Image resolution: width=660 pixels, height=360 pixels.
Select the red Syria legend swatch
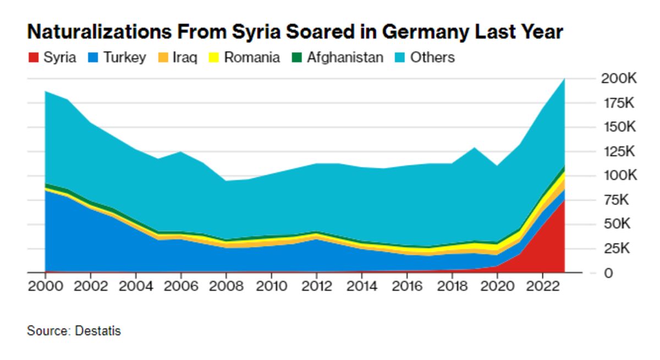pos(34,58)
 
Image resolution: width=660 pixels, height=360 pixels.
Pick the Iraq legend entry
pos(185,58)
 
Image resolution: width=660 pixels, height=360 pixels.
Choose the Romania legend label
pos(251,58)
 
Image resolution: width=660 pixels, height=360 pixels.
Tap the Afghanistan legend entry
pos(345,58)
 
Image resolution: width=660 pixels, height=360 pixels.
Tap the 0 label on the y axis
pos(608,273)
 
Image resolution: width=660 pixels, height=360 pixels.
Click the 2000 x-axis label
pos(45,287)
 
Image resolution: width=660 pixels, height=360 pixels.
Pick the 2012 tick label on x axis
pos(316,287)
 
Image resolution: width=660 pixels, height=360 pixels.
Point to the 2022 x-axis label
pos(542,287)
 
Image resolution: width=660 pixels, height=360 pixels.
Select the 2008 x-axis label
pos(226,287)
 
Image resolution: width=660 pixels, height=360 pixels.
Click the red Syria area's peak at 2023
pos(564,200)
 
